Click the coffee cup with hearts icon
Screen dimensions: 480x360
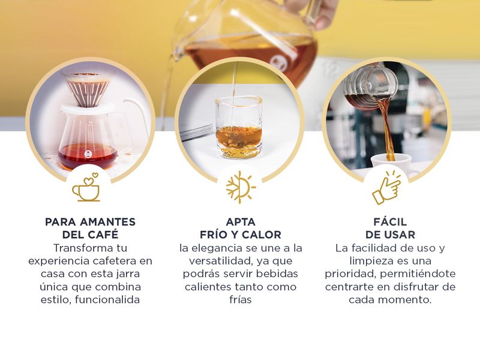(86, 187)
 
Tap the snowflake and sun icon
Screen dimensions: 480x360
(241, 187)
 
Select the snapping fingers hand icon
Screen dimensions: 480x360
(386, 188)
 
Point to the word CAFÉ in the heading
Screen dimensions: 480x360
(103, 235)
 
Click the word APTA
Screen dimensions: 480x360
(241, 222)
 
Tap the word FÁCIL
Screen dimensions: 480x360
(390, 221)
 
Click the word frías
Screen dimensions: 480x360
(241, 299)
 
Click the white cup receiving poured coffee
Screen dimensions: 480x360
(391, 166)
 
